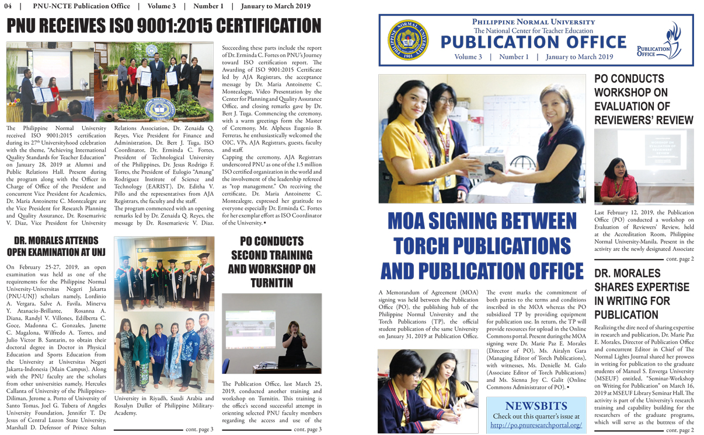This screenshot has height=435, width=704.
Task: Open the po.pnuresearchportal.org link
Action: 536,425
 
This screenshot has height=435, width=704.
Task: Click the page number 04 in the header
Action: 8,6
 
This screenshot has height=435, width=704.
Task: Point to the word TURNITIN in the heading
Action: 271,283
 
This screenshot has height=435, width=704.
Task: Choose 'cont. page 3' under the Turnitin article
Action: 308,430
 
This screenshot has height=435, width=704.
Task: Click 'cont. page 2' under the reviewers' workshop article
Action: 680,258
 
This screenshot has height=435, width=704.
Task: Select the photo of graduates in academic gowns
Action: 165,272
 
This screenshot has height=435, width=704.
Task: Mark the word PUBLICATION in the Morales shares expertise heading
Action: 626,315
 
